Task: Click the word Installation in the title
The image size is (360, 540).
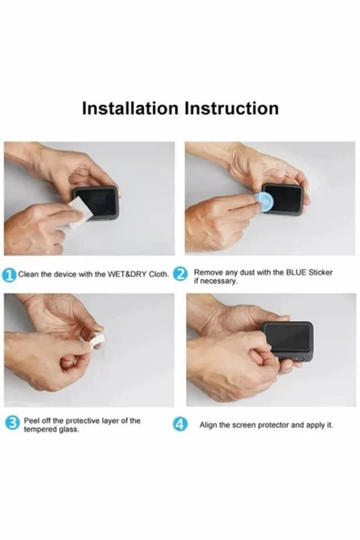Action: [130, 108]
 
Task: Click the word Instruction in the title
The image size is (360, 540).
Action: [231, 108]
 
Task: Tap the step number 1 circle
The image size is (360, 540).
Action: [9, 275]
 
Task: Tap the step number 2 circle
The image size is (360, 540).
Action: [180, 275]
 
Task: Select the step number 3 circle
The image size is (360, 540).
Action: [13, 423]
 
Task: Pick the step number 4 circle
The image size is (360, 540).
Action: [180, 424]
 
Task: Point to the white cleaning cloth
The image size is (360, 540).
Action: [78, 212]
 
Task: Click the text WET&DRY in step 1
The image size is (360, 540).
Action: [128, 275]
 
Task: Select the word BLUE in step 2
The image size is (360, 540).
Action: [295, 273]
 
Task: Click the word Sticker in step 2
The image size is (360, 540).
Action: [321, 273]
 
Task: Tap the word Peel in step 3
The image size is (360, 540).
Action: [30, 421]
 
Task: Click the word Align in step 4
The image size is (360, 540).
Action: [208, 425]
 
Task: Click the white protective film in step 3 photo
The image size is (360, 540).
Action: [94, 341]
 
